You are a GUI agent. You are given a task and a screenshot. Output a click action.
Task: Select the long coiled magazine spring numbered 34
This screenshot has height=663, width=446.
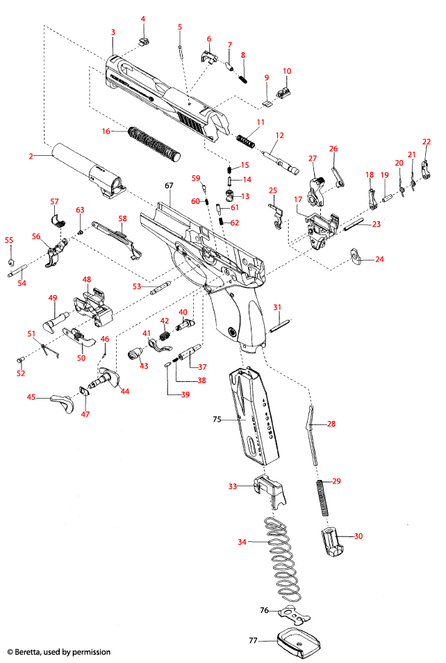pyautogui.click(x=285, y=557)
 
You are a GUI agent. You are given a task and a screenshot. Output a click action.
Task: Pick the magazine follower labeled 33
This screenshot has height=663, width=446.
pyautogui.click(x=268, y=490)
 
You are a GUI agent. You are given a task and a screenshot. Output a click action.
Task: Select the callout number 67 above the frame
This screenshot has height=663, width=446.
pyautogui.click(x=168, y=186)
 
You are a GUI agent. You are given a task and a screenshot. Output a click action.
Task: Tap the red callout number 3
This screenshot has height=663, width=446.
pyautogui.click(x=113, y=32)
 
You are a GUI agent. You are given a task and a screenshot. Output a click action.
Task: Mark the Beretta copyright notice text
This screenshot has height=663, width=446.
pyautogui.click(x=58, y=652)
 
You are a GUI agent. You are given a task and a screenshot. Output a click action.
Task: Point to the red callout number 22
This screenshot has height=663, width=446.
pyautogui.click(x=427, y=141)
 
